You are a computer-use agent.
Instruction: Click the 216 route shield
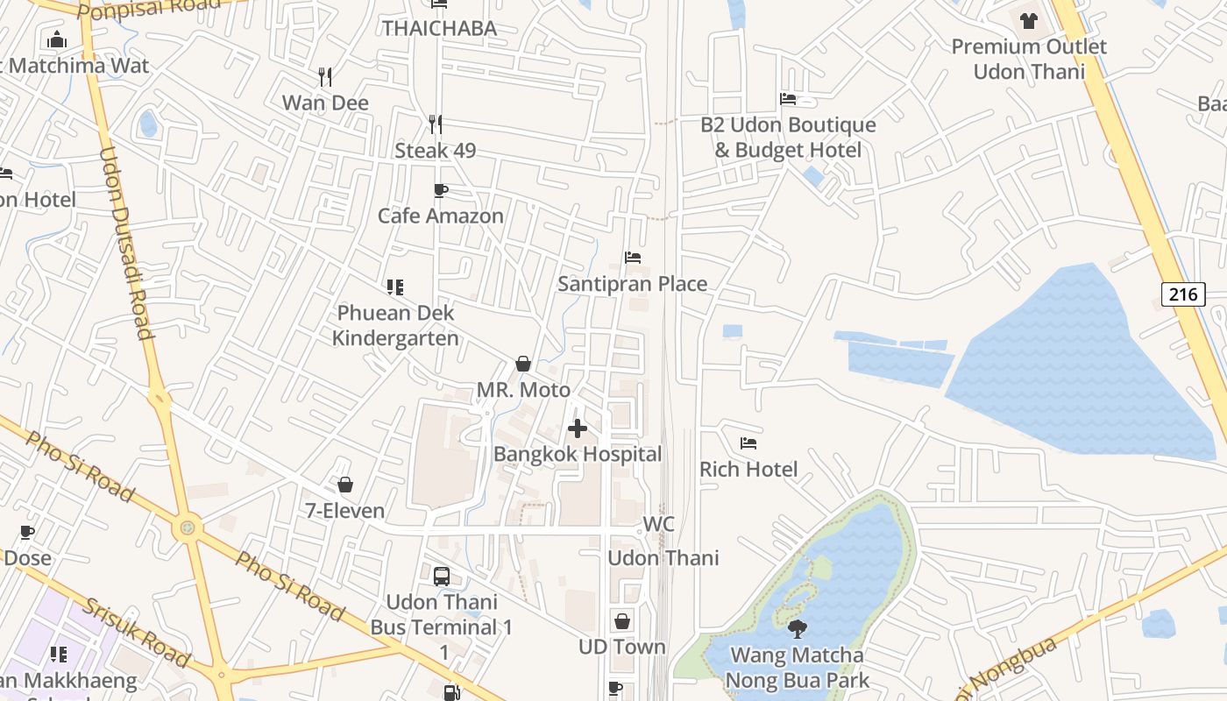(x=1183, y=294)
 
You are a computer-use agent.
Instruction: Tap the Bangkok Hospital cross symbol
(x=578, y=428)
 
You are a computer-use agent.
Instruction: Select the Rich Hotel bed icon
(x=748, y=443)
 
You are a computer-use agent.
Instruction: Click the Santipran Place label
(x=633, y=284)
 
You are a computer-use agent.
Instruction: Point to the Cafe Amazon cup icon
(x=441, y=190)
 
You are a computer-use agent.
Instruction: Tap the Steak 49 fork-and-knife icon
(x=435, y=124)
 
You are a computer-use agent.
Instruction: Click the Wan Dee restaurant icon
(x=325, y=77)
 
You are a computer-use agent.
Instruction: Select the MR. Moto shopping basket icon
(x=523, y=364)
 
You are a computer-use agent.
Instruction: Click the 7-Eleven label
(x=344, y=510)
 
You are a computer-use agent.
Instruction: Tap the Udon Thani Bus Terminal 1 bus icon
(x=442, y=577)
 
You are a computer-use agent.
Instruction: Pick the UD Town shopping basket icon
(x=622, y=621)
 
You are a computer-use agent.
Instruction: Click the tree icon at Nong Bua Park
(x=798, y=628)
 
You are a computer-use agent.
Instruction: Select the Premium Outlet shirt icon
(x=1029, y=20)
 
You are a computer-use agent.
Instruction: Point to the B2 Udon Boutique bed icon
(x=788, y=99)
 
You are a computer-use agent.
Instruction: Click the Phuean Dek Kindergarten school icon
(x=395, y=287)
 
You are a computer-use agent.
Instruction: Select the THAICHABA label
(x=439, y=28)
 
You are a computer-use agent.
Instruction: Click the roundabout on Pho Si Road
(x=187, y=528)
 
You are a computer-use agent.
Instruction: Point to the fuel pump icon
(x=451, y=693)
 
